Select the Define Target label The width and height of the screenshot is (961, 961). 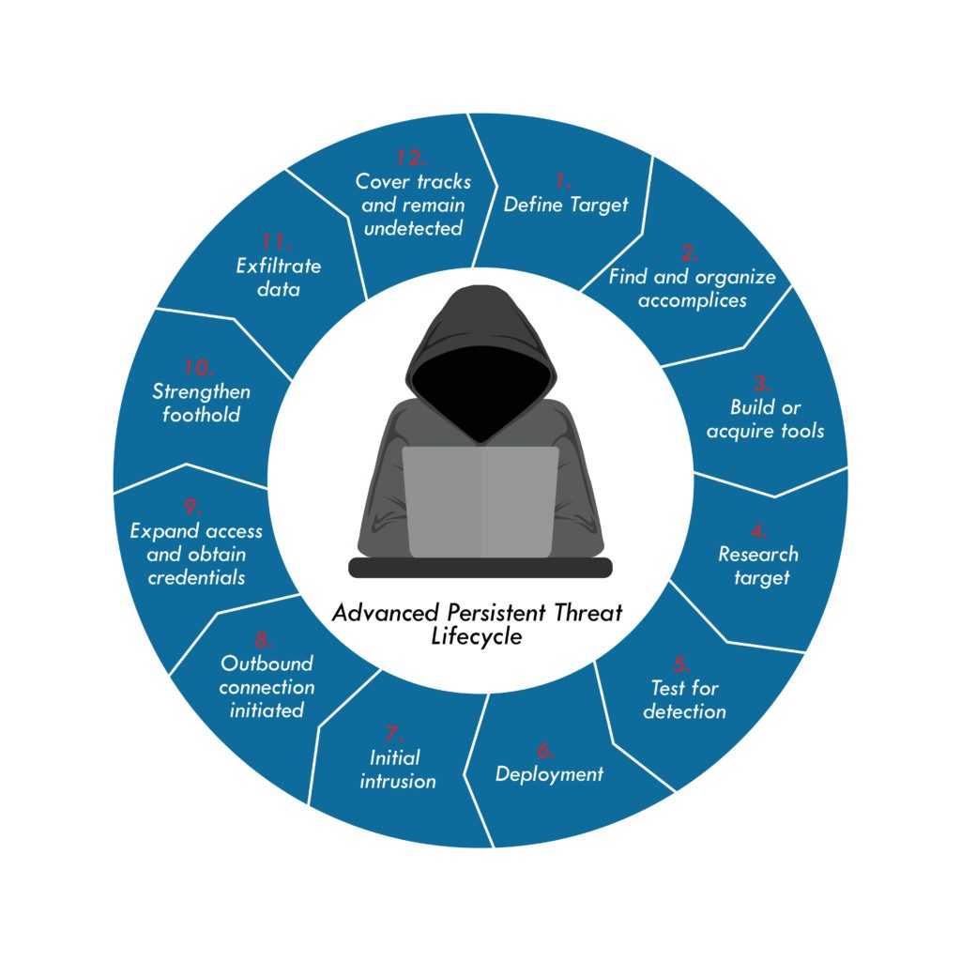tap(566, 205)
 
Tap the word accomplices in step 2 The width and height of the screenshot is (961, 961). tap(693, 300)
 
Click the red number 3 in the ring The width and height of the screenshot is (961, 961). tap(762, 384)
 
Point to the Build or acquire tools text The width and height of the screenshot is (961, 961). tap(765, 419)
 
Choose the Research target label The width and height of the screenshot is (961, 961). tap(758, 565)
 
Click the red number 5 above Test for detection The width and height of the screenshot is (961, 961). tap(682, 664)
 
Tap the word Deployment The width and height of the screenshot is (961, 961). tap(549, 774)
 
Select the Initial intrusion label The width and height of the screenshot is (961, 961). tap(397, 769)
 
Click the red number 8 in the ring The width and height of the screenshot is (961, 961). tap(264, 640)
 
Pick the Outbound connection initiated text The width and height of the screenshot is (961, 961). tap(267, 687)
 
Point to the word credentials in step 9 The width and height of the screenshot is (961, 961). tap(196, 577)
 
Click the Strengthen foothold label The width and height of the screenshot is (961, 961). tap(200, 403)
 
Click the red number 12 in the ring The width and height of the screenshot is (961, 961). tap(411, 156)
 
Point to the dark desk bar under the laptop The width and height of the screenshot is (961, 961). tap(480, 567)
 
